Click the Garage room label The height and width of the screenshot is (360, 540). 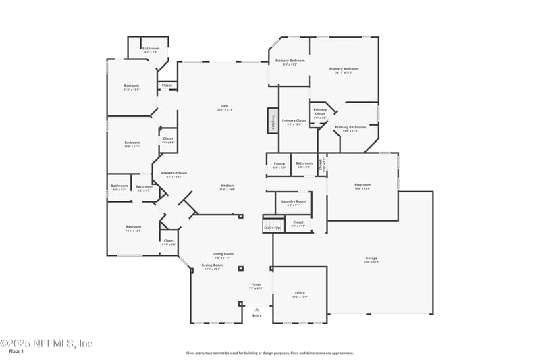click(x=372, y=259)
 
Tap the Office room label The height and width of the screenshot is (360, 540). click(x=300, y=293)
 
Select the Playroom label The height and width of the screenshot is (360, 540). click(x=362, y=185)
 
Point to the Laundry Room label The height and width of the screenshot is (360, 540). click(x=293, y=201)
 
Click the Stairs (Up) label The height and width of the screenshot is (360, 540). click(x=272, y=228)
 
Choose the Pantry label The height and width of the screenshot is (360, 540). click(x=279, y=163)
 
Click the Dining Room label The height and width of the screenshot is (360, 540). click(x=223, y=254)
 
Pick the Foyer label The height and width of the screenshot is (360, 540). click(x=256, y=284)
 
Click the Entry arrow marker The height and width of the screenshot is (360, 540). click(x=256, y=310)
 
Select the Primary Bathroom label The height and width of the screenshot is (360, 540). click(x=350, y=127)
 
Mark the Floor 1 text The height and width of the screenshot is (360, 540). click(x=16, y=351)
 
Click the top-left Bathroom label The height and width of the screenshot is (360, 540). click(x=151, y=49)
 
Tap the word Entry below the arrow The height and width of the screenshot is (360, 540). click(x=256, y=315)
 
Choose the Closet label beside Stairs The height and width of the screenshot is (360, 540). click(x=298, y=222)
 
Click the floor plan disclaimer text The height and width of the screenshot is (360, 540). click(x=269, y=353)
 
